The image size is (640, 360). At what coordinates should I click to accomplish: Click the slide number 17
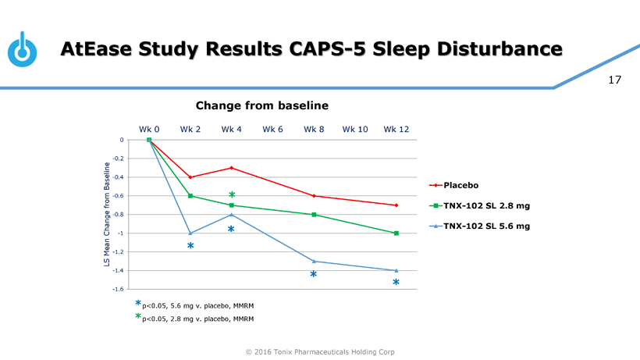614,80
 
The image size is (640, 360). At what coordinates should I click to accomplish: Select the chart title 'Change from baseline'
261,105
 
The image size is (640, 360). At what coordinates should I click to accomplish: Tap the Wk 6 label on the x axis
272,129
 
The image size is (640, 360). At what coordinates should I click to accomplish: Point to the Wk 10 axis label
355,129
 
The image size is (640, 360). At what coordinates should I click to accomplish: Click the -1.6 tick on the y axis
118,289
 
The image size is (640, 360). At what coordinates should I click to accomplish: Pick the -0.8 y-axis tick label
118,214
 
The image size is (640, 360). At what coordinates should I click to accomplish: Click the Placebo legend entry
460,185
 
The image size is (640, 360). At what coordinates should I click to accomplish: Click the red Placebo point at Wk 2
190,177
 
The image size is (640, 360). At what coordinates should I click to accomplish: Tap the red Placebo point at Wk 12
396,205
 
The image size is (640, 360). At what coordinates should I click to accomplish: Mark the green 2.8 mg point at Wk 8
314,215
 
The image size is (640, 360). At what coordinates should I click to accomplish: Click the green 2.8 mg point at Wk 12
396,233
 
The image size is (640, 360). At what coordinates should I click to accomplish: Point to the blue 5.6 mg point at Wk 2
190,233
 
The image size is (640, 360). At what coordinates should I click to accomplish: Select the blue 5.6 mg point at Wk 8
314,261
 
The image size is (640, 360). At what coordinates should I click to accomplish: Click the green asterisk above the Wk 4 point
232,195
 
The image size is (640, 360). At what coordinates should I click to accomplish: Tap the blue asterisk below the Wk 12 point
396,283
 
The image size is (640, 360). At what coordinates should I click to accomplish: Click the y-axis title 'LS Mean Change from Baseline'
106,214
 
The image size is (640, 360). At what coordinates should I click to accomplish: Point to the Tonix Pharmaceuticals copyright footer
320,352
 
